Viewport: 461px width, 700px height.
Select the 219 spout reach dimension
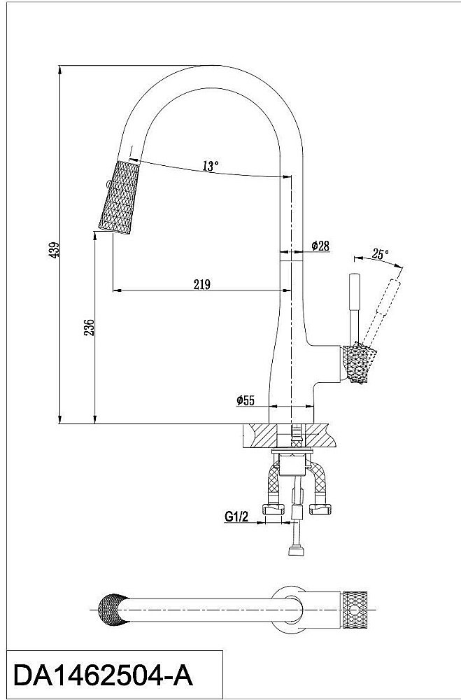[201, 283]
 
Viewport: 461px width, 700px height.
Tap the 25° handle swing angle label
[380, 254]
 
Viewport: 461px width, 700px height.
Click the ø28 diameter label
[320, 246]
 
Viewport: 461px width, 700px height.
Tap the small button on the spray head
[106, 185]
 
